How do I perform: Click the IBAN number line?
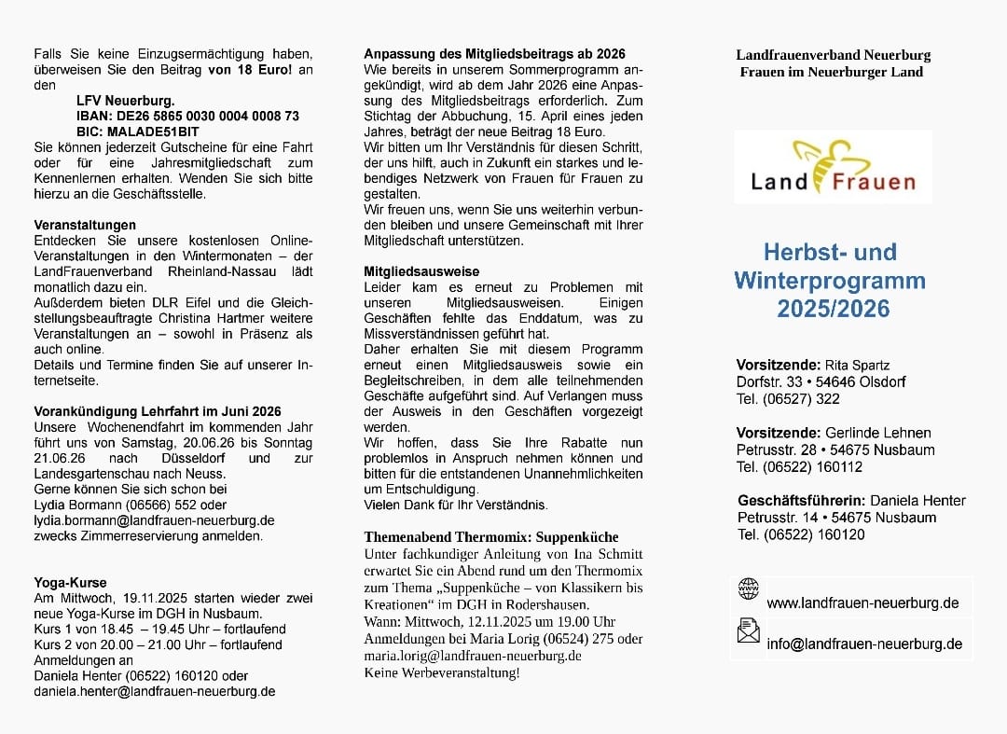187,116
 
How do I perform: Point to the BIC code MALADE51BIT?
138,132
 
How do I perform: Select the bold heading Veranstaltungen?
85,225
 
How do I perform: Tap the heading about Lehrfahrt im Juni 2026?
158,410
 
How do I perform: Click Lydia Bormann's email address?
154,519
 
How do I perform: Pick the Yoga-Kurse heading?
70,582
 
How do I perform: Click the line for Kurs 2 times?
158,644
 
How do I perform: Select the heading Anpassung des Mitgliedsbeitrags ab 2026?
494,54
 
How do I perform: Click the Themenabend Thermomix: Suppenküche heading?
490,537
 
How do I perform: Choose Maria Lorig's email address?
473,656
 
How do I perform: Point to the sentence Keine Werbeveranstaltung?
442,672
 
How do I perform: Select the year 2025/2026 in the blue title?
833,309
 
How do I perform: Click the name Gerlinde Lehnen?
877,433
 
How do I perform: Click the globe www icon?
748,588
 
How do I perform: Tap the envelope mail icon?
748,631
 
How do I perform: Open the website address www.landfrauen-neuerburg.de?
862,602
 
